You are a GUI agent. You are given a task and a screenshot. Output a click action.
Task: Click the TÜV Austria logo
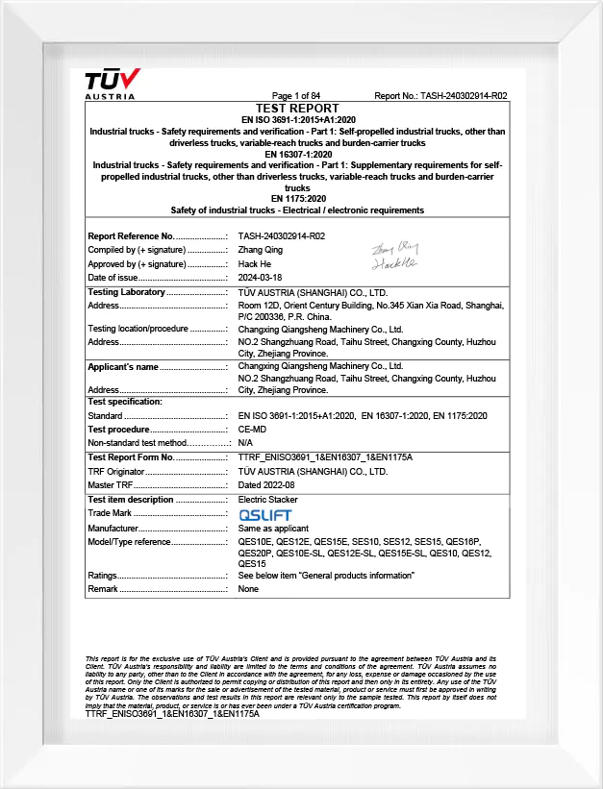click(x=112, y=82)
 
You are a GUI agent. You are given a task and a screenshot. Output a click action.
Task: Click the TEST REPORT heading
click(x=297, y=108)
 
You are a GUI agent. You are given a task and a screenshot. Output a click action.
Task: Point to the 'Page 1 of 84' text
click(x=296, y=96)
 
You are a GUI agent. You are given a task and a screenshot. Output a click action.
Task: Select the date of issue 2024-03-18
click(x=261, y=278)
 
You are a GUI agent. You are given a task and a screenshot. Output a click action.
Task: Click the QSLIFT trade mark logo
click(x=264, y=515)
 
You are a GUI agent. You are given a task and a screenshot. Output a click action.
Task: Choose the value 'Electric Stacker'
click(x=268, y=500)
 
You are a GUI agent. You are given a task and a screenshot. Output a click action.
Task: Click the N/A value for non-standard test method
click(x=245, y=443)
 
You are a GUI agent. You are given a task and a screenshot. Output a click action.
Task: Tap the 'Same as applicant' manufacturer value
click(x=273, y=529)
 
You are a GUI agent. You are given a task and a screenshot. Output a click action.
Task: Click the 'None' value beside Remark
click(x=248, y=589)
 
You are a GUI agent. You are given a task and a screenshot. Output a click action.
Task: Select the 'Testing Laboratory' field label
click(x=127, y=292)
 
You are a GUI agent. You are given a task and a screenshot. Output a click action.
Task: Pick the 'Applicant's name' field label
click(x=123, y=367)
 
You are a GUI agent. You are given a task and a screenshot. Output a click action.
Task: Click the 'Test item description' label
click(x=131, y=500)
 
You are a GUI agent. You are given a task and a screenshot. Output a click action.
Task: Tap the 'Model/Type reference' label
click(x=129, y=542)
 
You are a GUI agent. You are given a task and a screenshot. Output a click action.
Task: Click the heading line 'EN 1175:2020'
click(x=297, y=199)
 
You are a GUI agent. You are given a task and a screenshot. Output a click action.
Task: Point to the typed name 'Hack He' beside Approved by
click(x=254, y=264)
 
